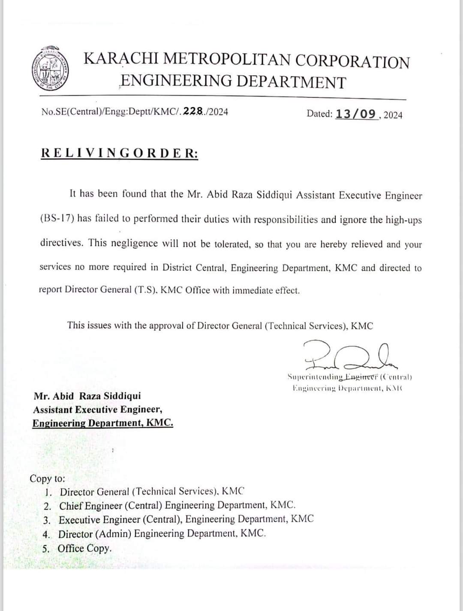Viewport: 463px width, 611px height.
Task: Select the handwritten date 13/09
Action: click(x=355, y=114)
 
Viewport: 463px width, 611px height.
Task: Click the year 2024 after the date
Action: click(x=393, y=115)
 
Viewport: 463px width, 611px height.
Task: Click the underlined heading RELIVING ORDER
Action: click(x=120, y=153)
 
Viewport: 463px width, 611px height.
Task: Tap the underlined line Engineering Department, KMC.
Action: click(x=103, y=423)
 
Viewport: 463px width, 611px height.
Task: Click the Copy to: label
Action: click(x=47, y=478)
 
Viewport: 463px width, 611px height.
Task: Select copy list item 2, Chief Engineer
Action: click(x=177, y=505)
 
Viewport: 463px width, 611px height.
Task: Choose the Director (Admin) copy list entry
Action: click(x=162, y=534)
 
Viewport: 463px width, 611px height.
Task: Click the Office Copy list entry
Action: click(x=84, y=548)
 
